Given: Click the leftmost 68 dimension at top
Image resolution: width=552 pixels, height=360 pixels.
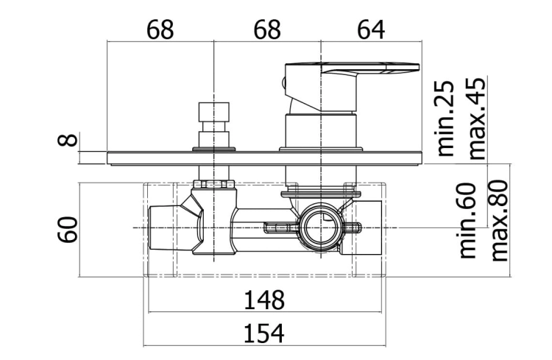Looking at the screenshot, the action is click(160, 29).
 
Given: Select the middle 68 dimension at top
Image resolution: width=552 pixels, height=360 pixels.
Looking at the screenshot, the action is click(268, 29).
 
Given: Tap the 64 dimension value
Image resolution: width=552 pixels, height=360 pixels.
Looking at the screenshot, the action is click(371, 29).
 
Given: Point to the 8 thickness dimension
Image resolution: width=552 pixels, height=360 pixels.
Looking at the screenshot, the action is click(67, 140).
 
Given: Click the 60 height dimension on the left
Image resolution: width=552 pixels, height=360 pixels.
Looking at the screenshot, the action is click(67, 230).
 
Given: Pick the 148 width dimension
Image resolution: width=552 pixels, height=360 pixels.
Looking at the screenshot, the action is click(264, 300).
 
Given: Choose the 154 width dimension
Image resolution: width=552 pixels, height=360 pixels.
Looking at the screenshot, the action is click(264, 333).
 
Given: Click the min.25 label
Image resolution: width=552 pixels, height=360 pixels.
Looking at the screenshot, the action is click(445, 119).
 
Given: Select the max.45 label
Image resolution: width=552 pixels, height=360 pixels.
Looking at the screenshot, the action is click(477, 119).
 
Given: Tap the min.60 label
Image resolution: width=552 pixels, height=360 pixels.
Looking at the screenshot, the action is click(467, 220).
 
